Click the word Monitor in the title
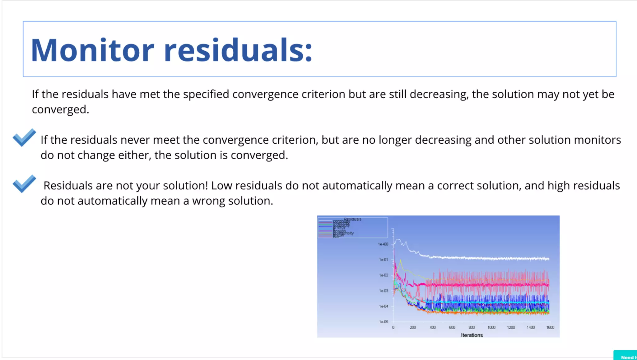pyautogui.click(x=92, y=50)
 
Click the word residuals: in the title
pyautogui.click(x=238, y=50)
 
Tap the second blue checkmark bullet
pyautogui.click(x=24, y=183)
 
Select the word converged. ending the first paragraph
pyautogui.click(x=60, y=109)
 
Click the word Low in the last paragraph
pyautogui.click(x=221, y=186)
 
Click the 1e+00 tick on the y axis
pyautogui.click(x=383, y=244)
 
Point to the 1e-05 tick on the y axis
pyautogui.click(x=383, y=322)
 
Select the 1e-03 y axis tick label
pyautogui.click(x=383, y=291)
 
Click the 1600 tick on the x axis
pyautogui.click(x=550, y=327)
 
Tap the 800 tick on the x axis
pyautogui.click(x=472, y=327)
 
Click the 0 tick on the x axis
pyautogui.click(x=393, y=327)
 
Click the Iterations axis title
pyautogui.click(x=472, y=335)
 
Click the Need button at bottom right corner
pyautogui.click(x=627, y=357)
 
